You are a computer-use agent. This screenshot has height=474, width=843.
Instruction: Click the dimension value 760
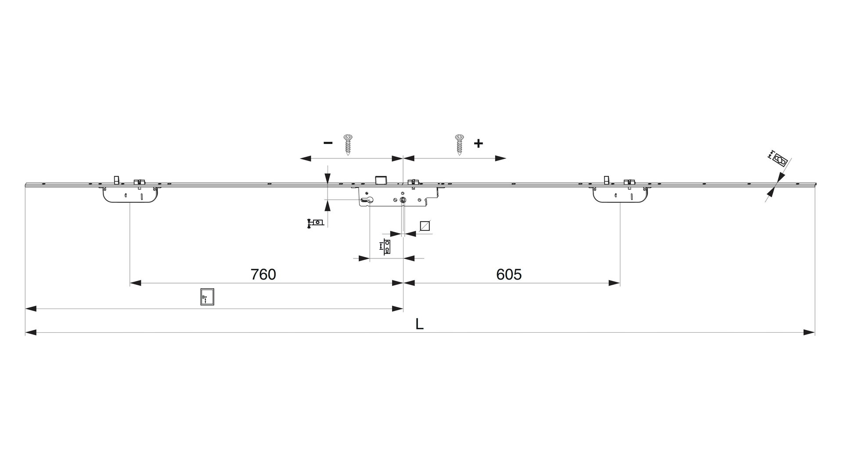pyautogui.click(x=263, y=274)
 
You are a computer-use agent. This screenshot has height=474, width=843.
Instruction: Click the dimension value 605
pyautogui.click(x=509, y=274)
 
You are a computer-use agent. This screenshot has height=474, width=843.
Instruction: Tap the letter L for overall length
pyautogui.click(x=420, y=324)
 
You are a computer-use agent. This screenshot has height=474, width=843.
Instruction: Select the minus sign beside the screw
pyautogui.click(x=328, y=143)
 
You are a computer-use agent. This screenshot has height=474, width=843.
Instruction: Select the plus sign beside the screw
pyautogui.click(x=478, y=143)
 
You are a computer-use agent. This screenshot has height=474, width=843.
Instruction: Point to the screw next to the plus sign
pyautogui.click(x=459, y=144)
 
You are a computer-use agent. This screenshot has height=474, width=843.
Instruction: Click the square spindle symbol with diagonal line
pyautogui.click(x=425, y=226)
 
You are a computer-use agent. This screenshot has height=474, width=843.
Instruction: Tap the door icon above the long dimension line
pyautogui.click(x=207, y=297)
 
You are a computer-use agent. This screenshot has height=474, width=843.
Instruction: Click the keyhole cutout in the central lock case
pyautogui.click(x=367, y=201)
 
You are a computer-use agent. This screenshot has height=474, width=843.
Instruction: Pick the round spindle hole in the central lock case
pyautogui.click(x=403, y=200)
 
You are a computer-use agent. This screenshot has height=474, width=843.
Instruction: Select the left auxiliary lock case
pyautogui.click(x=130, y=195)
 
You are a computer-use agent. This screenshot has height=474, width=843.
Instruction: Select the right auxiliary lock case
pyautogui.click(x=620, y=195)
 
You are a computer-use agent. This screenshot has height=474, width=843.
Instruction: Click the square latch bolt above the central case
pyautogui.click(x=380, y=180)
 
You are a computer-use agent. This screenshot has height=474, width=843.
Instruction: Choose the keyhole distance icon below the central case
pyautogui.click(x=386, y=247)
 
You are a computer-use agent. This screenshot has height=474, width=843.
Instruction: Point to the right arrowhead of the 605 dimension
pyautogui.click(x=614, y=284)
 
